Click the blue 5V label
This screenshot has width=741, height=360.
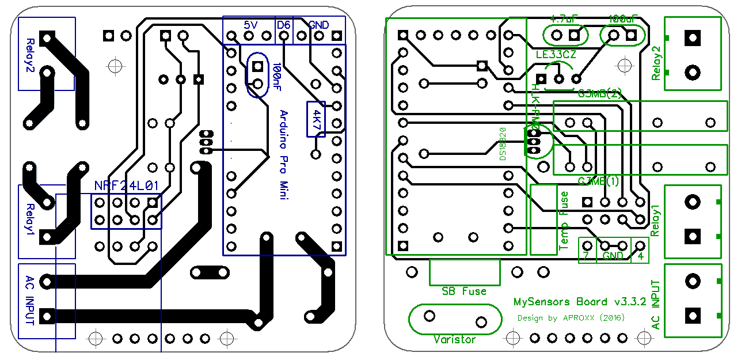click(x=250, y=25)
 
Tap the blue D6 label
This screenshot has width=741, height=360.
click(x=284, y=25)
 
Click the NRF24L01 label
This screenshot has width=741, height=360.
click(x=126, y=186)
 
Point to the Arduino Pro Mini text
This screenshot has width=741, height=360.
click(x=283, y=155)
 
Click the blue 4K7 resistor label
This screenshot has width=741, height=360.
click(x=316, y=119)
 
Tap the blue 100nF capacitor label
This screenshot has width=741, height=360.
click(x=277, y=78)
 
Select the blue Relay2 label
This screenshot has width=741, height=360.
click(x=31, y=54)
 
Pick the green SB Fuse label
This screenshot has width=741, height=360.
click(x=464, y=291)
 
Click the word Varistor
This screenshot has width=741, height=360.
click(x=455, y=339)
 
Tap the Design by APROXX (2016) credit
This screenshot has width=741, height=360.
click(x=571, y=317)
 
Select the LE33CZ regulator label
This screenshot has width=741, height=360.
click(x=554, y=55)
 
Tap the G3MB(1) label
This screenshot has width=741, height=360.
click(x=598, y=181)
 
